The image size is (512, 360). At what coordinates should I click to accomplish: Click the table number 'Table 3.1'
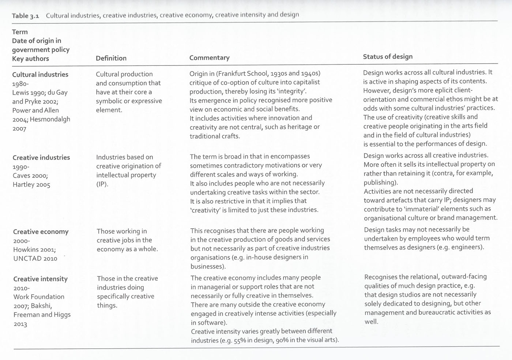pos(25,16)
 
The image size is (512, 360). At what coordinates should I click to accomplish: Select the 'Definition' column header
pos(111,58)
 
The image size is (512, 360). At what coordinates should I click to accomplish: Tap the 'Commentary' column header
pos(209,58)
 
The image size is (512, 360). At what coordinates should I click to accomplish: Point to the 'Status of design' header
pos(388,57)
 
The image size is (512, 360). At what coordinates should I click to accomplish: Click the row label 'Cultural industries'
pos(40,75)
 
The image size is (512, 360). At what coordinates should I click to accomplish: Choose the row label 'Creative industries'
pos(41,158)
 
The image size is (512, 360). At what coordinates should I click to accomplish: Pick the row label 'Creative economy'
pos(41,232)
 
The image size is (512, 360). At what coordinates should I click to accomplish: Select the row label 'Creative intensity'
pos(40,279)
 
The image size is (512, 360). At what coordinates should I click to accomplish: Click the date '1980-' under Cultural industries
pos(20,84)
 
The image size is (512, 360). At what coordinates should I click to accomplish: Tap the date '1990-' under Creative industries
pos(20,167)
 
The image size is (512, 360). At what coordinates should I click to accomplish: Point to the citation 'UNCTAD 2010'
pos(35,259)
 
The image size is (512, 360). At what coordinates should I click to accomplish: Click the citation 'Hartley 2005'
pos(31,185)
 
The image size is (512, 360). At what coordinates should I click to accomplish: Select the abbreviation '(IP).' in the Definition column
pos(102,184)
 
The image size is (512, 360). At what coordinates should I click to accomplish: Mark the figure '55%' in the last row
pos(240,341)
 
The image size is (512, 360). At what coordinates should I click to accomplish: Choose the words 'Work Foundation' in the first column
pos(39,297)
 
